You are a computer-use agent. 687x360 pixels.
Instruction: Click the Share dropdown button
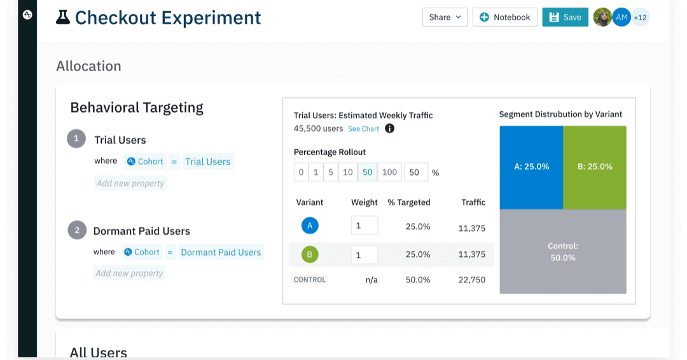point(445,17)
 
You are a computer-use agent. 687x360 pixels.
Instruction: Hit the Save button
point(565,17)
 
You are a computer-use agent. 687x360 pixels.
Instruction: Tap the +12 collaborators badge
point(640,17)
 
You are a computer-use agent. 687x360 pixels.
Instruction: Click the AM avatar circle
point(621,17)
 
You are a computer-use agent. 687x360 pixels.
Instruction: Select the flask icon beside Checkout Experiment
point(63,17)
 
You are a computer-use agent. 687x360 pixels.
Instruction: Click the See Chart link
point(363,128)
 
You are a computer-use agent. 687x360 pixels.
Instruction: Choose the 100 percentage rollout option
point(389,172)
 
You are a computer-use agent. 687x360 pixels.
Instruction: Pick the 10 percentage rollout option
point(347,172)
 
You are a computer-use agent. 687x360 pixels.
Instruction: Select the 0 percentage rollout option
point(301,172)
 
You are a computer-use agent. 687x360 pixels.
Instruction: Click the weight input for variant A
point(364,226)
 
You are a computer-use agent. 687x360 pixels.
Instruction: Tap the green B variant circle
point(310,255)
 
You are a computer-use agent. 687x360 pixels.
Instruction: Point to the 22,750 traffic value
point(472,280)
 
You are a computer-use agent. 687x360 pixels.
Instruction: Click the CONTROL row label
point(310,279)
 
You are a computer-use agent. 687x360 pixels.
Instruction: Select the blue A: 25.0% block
point(531,167)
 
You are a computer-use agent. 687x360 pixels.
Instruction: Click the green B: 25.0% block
point(595,167)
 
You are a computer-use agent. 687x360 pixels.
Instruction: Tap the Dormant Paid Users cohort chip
point(221,252)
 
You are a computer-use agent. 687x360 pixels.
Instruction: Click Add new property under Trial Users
point(130,183)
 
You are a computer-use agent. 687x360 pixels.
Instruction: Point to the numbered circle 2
point(77,230)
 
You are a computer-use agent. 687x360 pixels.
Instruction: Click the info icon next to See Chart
point(390,128)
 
